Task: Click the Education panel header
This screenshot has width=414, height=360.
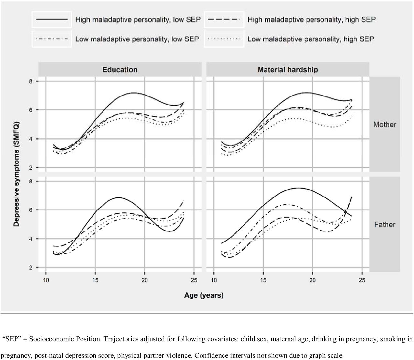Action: (120, 70)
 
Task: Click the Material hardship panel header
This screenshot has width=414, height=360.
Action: (288, 70)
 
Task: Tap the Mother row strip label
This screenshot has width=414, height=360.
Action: (385, 124)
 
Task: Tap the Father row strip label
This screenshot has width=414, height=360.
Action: (385, 224)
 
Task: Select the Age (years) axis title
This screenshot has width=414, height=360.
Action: (204, 295)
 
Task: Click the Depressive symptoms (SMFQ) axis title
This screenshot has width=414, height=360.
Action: (16, 174)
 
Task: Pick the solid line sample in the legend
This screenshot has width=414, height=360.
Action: (52, 19)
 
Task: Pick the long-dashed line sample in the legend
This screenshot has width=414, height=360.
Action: (224, 19)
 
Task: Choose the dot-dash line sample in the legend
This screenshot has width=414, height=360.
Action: (52, 39)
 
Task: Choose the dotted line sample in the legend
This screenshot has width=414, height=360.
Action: (224, 39)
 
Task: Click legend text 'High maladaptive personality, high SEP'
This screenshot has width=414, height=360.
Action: (311, 20)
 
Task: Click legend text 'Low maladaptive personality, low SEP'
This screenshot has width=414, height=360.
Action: (137, 39)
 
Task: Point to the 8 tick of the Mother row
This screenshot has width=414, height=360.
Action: (30, 81)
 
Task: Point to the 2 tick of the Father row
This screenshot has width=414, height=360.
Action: (30, 268)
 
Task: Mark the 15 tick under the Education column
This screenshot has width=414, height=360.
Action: (95, 280)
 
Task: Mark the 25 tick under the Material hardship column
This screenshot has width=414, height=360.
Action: (362, 280)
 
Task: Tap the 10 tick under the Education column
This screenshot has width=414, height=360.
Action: (46, 280)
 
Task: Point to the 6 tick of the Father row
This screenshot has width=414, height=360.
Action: (30, 210)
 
